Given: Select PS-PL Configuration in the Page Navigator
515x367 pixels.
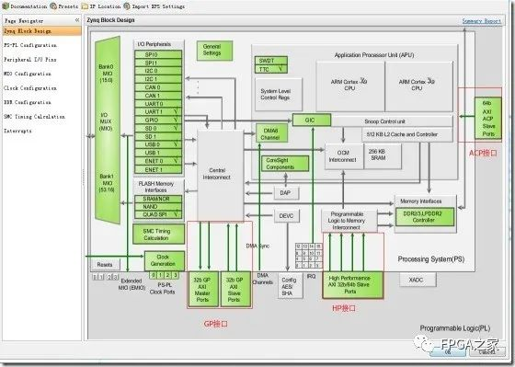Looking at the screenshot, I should [30, 44].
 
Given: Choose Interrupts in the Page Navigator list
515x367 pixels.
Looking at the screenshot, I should [17, 132].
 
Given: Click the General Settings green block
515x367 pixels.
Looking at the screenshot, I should [212, 50].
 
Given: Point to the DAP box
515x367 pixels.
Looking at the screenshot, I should [285, 192].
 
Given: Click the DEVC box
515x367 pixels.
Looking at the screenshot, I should [285, 215].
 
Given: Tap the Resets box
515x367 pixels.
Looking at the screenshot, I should [105, 264].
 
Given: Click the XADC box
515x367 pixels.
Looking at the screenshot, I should [416, 279].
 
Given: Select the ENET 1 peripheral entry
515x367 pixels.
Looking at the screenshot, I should [152, 170].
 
